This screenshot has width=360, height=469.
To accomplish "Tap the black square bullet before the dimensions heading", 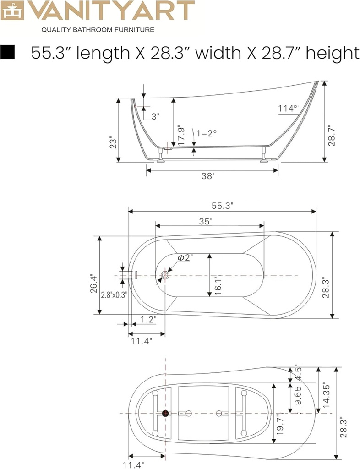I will [x=9, y=53].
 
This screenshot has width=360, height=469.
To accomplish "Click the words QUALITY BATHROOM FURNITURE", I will [x=98, y=30].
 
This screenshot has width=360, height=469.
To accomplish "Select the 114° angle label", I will [x=288, y=109].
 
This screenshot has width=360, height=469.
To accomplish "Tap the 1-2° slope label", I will [x=206, y=133].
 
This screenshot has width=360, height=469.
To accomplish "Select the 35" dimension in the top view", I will [x=206, y=222].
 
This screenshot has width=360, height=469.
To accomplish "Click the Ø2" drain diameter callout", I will [x=185, y=258].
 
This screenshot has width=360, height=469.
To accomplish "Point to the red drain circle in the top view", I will [x=165, y=276].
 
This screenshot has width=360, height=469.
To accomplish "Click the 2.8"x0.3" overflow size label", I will [x=114, y=294].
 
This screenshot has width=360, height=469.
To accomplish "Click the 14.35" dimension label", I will [x=326, y=395].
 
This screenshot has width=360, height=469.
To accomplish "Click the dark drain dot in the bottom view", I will [x=165, y=414].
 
